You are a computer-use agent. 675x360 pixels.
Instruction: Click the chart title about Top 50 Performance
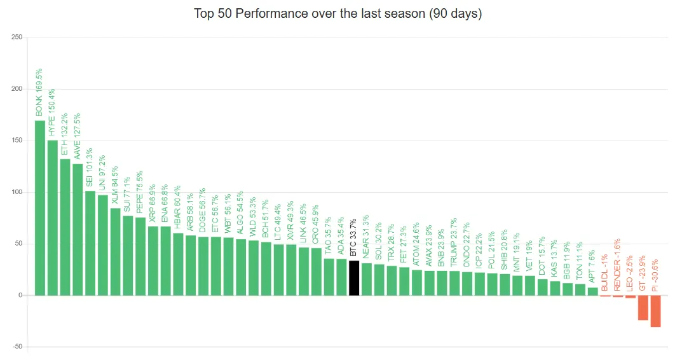337,13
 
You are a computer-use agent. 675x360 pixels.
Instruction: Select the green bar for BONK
39,207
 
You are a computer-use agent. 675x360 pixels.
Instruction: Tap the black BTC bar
354,278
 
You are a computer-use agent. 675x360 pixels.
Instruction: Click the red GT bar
643,307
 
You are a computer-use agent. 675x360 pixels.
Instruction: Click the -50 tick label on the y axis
17,347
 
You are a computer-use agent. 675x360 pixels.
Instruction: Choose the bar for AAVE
78,230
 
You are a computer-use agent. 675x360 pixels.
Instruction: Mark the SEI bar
90,243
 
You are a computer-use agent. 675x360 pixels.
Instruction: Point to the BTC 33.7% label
354,237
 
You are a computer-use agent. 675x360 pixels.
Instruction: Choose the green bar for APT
592,291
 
